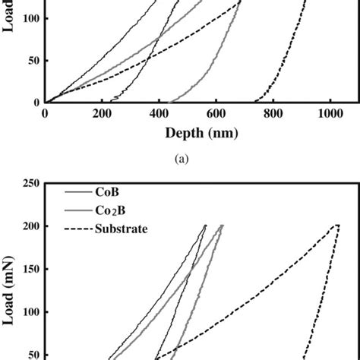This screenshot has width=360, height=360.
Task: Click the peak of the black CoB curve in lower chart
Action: (205, 225)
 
